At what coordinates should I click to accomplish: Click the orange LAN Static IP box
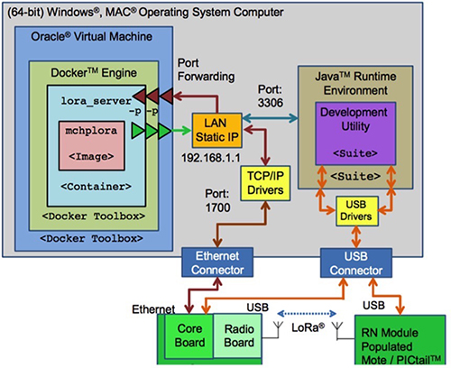(x=216, y=130)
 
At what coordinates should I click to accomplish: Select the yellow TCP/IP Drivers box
(x=265, y=183)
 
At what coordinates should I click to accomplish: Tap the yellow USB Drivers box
(x=356, y=211)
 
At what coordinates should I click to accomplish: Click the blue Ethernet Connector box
(x=217, y=262)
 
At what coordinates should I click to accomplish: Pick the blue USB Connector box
(x=356, y=262)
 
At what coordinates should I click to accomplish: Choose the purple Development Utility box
(x=355, y=133)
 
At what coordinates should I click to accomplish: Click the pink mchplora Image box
(x=91, y=145)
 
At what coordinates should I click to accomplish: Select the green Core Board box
(x=189, y=336)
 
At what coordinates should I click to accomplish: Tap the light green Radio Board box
(x=237, y=336)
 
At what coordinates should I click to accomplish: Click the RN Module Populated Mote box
(x=400, y=340)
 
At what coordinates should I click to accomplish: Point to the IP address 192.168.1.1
(x=211, y=158)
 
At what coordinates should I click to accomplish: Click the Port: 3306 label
(x=271, y=97)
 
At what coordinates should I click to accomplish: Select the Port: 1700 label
(x=217, y=200)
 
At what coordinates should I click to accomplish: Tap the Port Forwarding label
(x=206, y=69)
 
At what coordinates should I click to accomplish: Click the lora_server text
(x=97, y=101)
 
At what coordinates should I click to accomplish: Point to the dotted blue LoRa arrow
(x=307, y=314)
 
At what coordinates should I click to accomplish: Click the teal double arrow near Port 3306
(x=270, y=118)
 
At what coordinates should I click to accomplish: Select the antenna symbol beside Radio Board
(x=278, y=329)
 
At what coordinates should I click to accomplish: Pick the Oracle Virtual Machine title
(x=92, y=36)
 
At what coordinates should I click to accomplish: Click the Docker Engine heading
(x=94, y=73)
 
